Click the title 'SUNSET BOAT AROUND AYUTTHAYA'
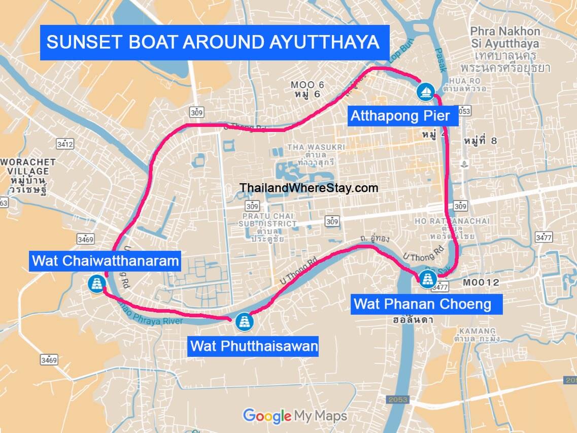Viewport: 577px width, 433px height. coord(213,42)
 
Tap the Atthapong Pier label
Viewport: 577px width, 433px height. coord(400,116)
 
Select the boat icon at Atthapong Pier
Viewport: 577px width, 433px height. coord(425,91)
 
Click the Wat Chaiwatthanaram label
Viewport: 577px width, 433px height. coord(106,261)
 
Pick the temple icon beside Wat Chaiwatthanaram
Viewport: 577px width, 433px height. coord(96,283)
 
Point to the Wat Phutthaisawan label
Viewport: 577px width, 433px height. coord(254,347)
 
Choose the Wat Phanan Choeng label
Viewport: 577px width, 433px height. coord(423,304)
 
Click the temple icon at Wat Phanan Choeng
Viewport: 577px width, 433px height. coord(426,279)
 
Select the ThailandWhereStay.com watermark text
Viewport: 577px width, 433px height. coord(309,188)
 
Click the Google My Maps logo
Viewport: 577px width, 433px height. coord(295,416)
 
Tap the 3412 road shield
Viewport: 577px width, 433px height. coord(65,144)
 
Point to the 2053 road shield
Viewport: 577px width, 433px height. coord(397,399)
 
